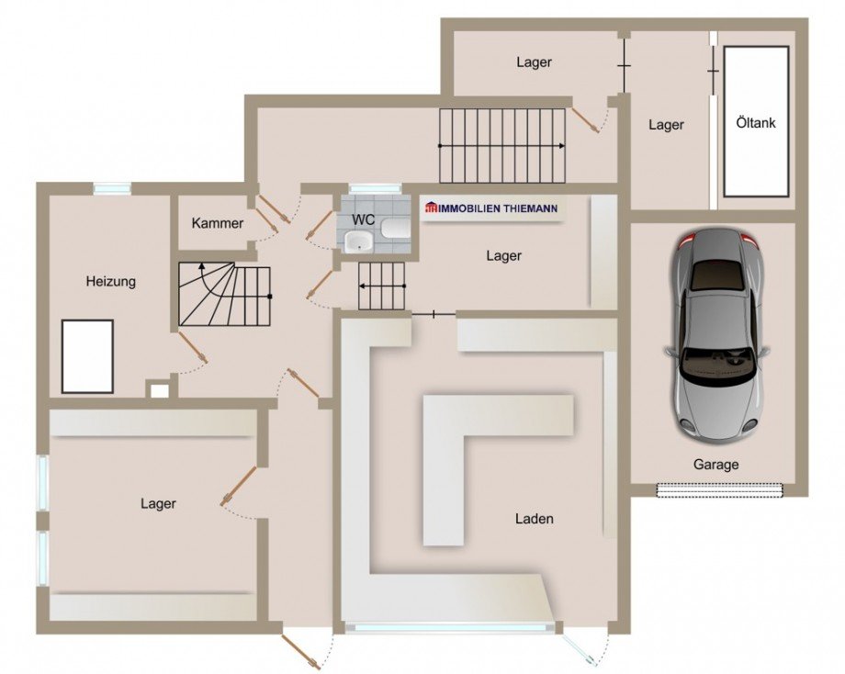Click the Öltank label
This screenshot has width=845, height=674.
point(756,123)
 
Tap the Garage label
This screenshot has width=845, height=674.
point(715,465)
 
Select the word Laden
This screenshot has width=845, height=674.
point(534,519)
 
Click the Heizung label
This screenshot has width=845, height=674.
point(110,281)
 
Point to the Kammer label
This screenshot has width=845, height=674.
point(217,223)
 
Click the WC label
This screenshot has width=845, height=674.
point(363,219)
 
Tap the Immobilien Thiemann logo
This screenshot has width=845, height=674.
point(491,208)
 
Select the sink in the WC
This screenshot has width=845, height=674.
point(358,242)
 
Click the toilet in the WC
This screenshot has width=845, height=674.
point(395,228)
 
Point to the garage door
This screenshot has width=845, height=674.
point(719,489)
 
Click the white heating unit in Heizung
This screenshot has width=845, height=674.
point(87,356)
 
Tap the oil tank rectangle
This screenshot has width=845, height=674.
point(757,122)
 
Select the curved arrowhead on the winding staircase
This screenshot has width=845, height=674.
point(202,265)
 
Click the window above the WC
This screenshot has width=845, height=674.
point(375,188)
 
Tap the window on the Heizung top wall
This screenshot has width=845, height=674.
point(111,188)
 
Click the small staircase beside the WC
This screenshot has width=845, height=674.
point(382,286)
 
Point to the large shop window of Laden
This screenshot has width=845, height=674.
point(450,627)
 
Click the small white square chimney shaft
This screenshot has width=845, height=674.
point(159,390)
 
